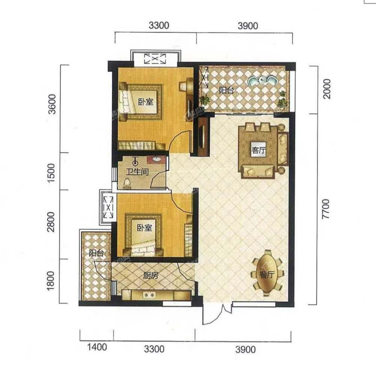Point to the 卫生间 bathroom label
[137, 172]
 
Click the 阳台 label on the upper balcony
[226, 91]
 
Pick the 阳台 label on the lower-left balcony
[96, 253]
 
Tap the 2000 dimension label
[327, 89]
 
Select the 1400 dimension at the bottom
[97, 347]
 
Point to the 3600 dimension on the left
[52, 104]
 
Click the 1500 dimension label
[52, 173]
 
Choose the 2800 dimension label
[51, 222]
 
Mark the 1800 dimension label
[51, 281]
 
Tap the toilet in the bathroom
[127, 183]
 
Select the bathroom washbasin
[157, 160]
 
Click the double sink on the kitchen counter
[149, 295]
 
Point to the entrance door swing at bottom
[215, 315]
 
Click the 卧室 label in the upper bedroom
[146, 102]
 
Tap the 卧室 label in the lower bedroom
[145, 228]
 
